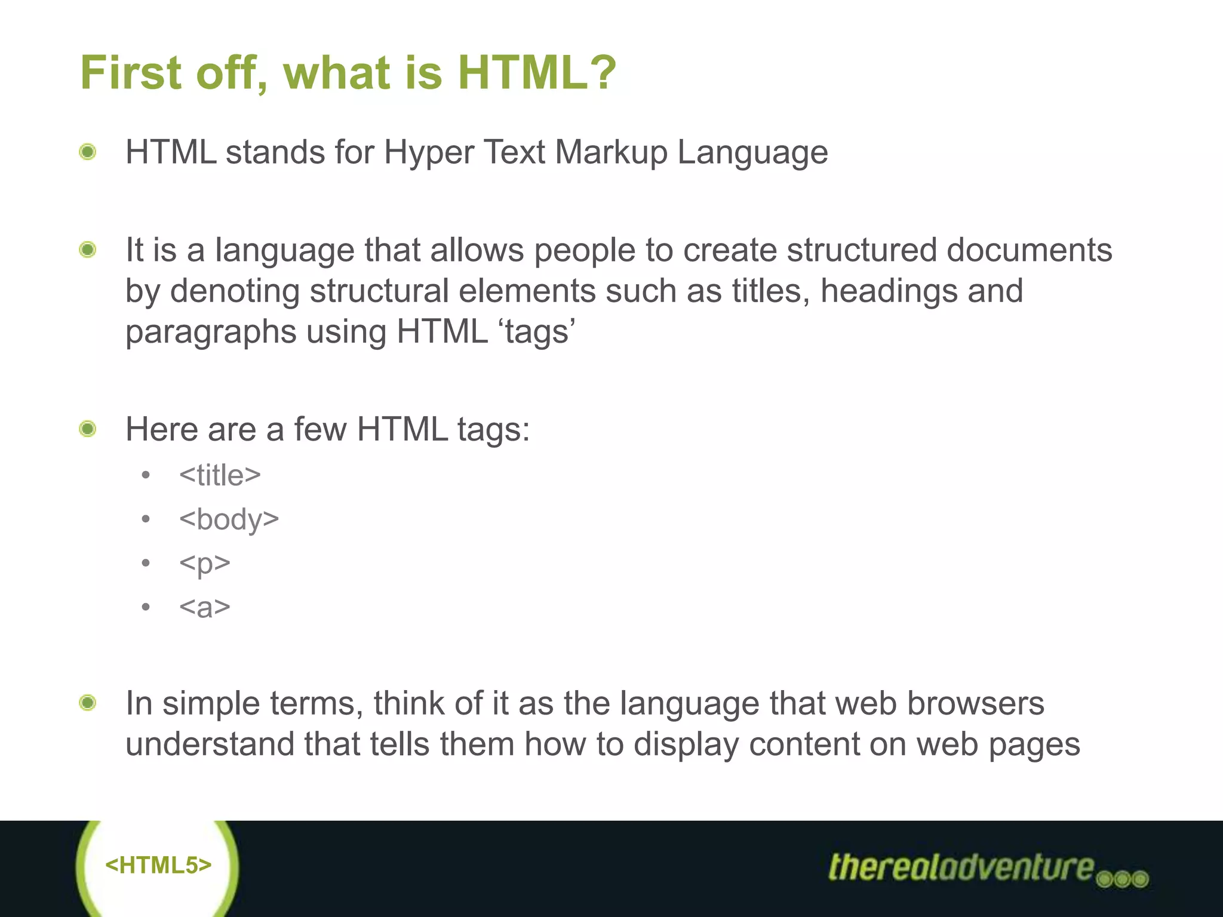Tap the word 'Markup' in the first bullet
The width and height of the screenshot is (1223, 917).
[x=611, y=153]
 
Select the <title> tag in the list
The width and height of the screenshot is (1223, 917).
[x=220, y=475]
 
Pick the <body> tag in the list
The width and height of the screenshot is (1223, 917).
[x=229, y=519]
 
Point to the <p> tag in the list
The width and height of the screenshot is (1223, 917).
[x=204, y=564]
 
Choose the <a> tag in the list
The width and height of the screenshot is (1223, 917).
[x=204, y=607]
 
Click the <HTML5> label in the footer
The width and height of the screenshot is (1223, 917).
[x=158, y=865]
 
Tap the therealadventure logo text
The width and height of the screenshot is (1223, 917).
[x=961, y=867]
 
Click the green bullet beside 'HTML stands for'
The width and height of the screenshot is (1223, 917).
[x=88, y=152]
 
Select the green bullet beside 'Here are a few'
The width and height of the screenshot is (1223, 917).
[x=88, y=429]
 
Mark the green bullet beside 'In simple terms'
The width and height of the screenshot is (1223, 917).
[x=88, y=703]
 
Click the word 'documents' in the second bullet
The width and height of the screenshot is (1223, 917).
[x=1030, y=250]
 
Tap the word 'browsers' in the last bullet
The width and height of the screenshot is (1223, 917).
[x=976, y=703]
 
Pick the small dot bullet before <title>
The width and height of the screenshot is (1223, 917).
[x=146, y=476]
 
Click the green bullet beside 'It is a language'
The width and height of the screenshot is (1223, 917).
[x=88, y=250]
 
